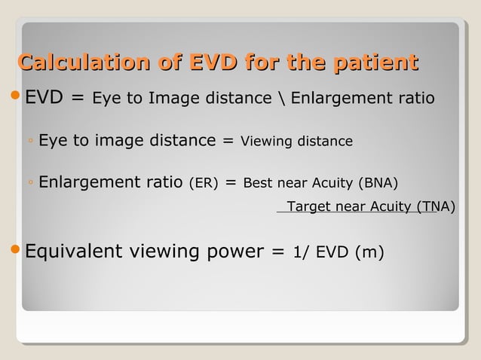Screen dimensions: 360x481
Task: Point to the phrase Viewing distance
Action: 296,142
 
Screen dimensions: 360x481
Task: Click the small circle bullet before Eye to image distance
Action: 29,142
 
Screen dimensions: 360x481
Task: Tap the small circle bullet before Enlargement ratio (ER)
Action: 29,184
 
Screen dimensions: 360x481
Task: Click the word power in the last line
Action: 233,252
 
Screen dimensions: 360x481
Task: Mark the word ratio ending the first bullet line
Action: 416,98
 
